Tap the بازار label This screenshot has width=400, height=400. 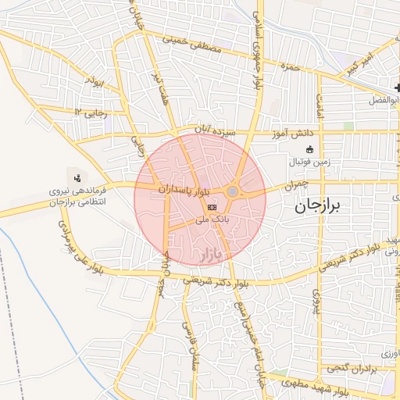pos(211,255)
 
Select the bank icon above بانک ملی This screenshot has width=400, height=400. pos(212,206)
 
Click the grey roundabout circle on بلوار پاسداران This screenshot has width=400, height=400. pos(233,191)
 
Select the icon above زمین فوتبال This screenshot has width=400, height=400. pos(310,149)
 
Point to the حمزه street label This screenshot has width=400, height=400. pos(291,69)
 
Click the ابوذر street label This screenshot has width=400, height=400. pos(95,81)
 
